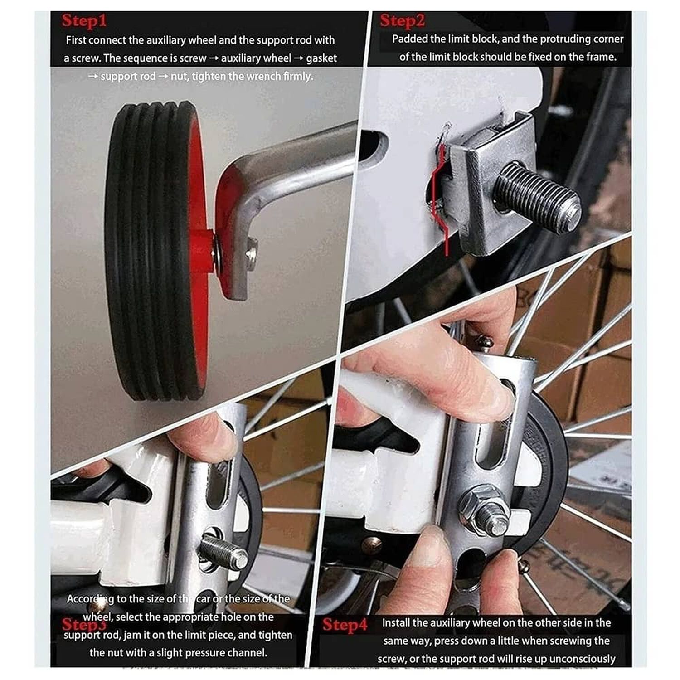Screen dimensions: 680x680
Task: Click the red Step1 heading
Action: tap(84, 21)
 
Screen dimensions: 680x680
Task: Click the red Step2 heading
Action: tap(403, 21)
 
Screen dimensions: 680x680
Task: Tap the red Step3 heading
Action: tap(84, 624)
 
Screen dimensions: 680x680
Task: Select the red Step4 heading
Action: tap(345, 625)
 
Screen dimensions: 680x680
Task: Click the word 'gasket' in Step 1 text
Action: tap(321, 58)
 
